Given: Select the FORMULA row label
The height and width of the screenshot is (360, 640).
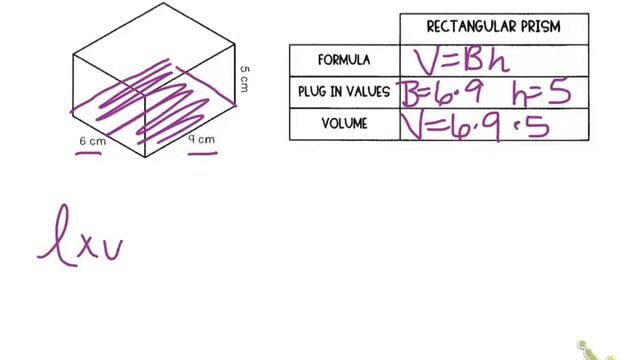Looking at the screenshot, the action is pos(344,60).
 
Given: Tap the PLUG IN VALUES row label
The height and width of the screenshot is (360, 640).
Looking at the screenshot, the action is pos(344,92).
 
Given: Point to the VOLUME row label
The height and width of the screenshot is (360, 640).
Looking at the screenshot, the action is pos(344,124).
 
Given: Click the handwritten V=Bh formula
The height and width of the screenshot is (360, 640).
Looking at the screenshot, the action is pos(463,61).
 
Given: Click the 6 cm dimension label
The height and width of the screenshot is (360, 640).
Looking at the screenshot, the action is pos(92,142).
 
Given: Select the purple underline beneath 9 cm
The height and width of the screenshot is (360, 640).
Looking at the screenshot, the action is pos(204,154).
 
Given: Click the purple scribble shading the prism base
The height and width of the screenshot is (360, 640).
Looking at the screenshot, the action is pos(150,100).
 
